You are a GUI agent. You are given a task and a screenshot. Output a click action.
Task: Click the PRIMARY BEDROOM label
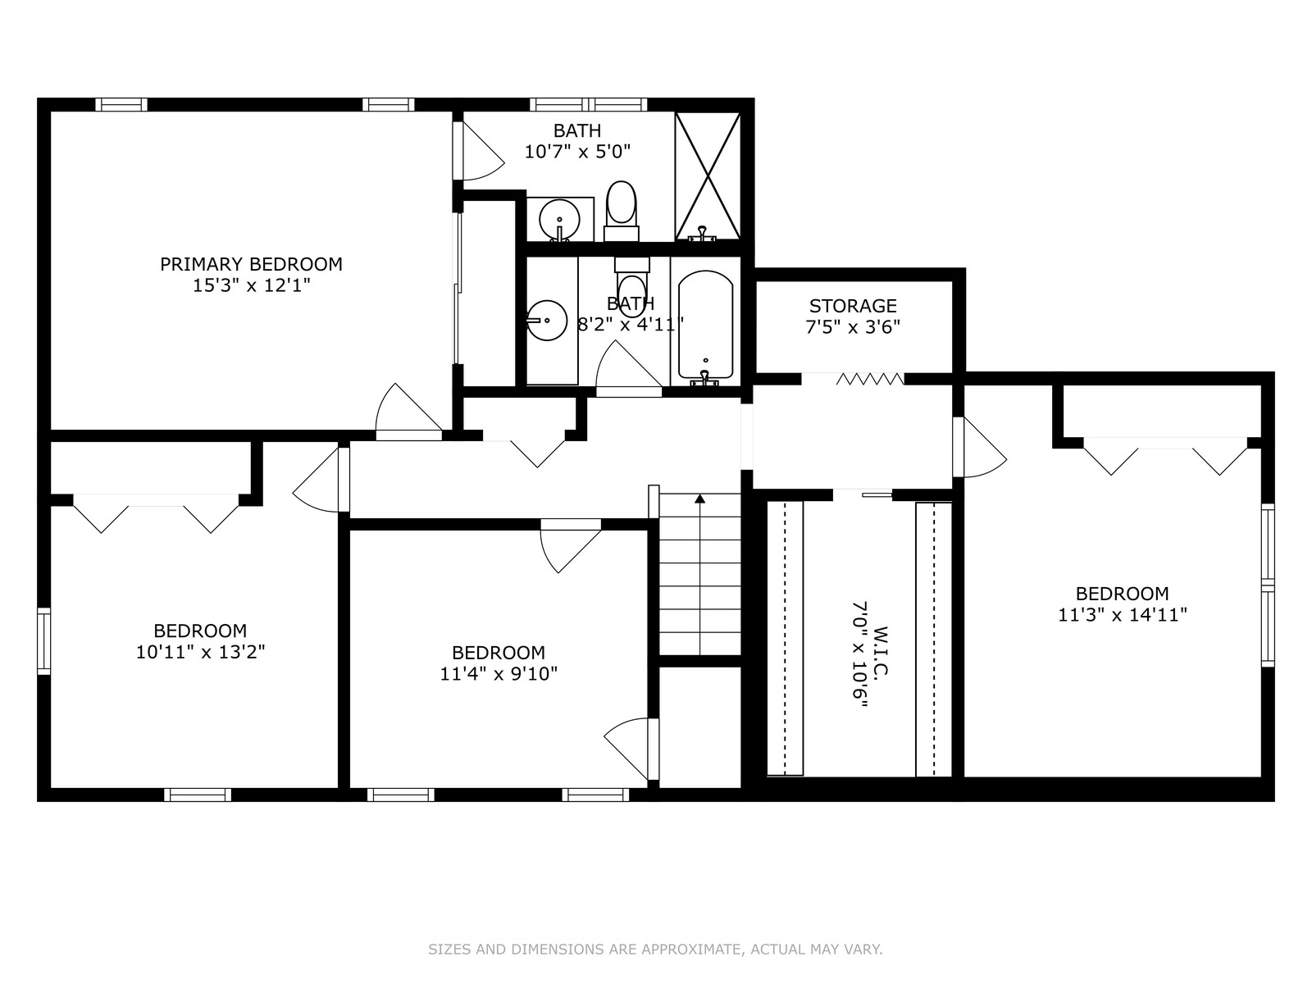[251, 264]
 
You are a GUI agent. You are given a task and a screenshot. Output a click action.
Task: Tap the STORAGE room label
[853, 306]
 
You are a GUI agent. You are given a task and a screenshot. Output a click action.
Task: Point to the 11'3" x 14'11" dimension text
[1123, 615]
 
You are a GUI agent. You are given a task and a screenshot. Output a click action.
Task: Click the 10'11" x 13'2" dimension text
[200, 652]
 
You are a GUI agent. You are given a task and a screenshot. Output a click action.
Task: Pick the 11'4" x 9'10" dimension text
[499, 674]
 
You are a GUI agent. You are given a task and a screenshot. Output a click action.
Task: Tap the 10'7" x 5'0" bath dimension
[577, 152]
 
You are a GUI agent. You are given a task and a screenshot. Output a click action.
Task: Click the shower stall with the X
[708, 176]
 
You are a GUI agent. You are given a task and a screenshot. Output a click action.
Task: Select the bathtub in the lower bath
[705, 326]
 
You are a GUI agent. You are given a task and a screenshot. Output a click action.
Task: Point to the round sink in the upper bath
[559, 219]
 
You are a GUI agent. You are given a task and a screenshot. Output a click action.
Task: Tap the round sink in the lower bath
[547, 321]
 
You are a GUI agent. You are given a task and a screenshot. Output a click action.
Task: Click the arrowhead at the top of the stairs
[700, 499]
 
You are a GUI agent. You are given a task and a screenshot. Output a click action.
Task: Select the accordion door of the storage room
[870, 379]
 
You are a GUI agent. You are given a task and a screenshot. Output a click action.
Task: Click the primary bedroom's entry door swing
[409, 412]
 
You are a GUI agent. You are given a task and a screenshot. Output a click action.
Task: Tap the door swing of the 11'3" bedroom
[980, 447]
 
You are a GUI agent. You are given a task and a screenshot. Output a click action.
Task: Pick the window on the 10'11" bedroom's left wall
[43, 641]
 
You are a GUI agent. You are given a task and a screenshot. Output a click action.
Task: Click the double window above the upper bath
[589, 105]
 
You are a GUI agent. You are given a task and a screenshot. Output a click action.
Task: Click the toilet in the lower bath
[631, 280]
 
